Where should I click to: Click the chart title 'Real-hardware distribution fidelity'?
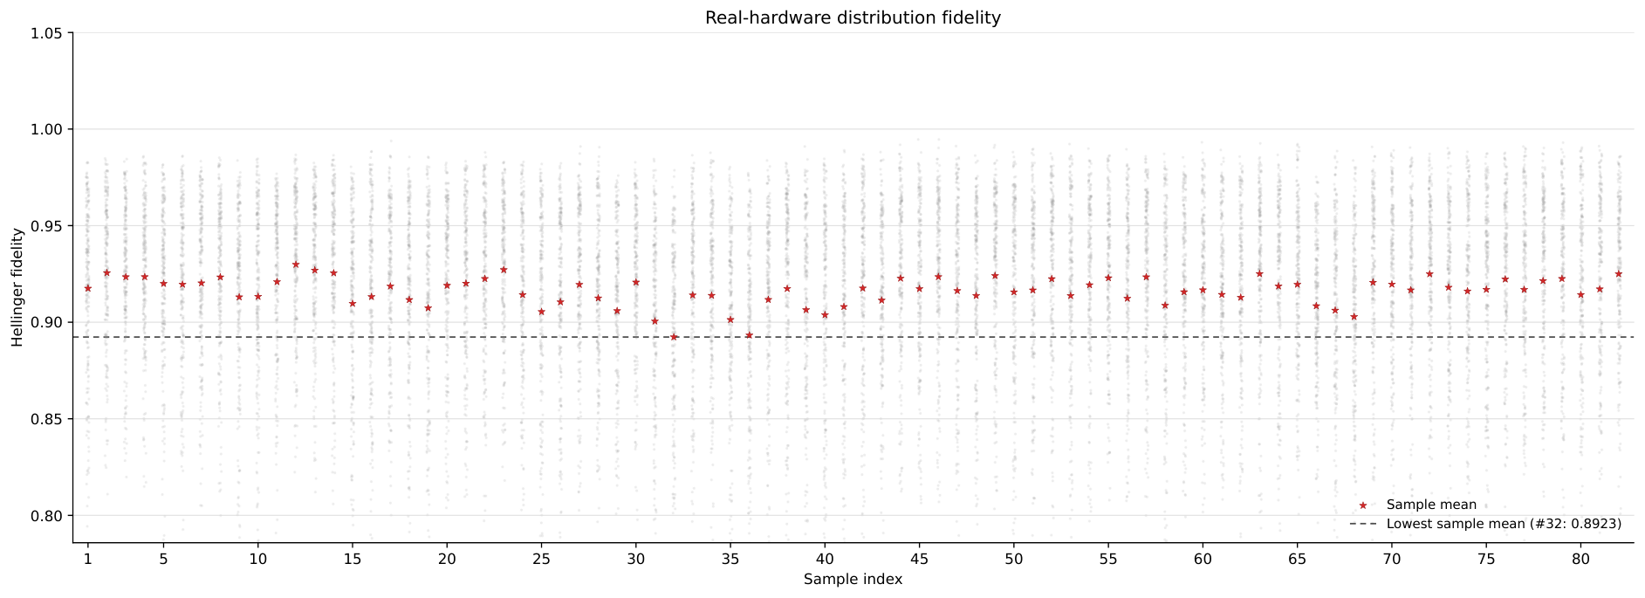click(853, 17)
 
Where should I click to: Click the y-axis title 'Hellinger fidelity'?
click(17, 288)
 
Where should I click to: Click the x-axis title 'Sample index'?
click(853, 580)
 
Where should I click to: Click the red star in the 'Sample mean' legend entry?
click(1362, 505)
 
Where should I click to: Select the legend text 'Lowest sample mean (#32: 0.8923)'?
click(1504, 524)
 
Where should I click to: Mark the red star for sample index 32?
click(674, 337)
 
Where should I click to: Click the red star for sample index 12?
click(296, 265)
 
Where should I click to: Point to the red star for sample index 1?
click(87, 288)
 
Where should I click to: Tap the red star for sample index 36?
click(749, 335)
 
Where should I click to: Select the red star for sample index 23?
click(504, 270)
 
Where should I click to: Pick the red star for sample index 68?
click(1354, 317)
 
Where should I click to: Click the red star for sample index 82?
click(1618, 274)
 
